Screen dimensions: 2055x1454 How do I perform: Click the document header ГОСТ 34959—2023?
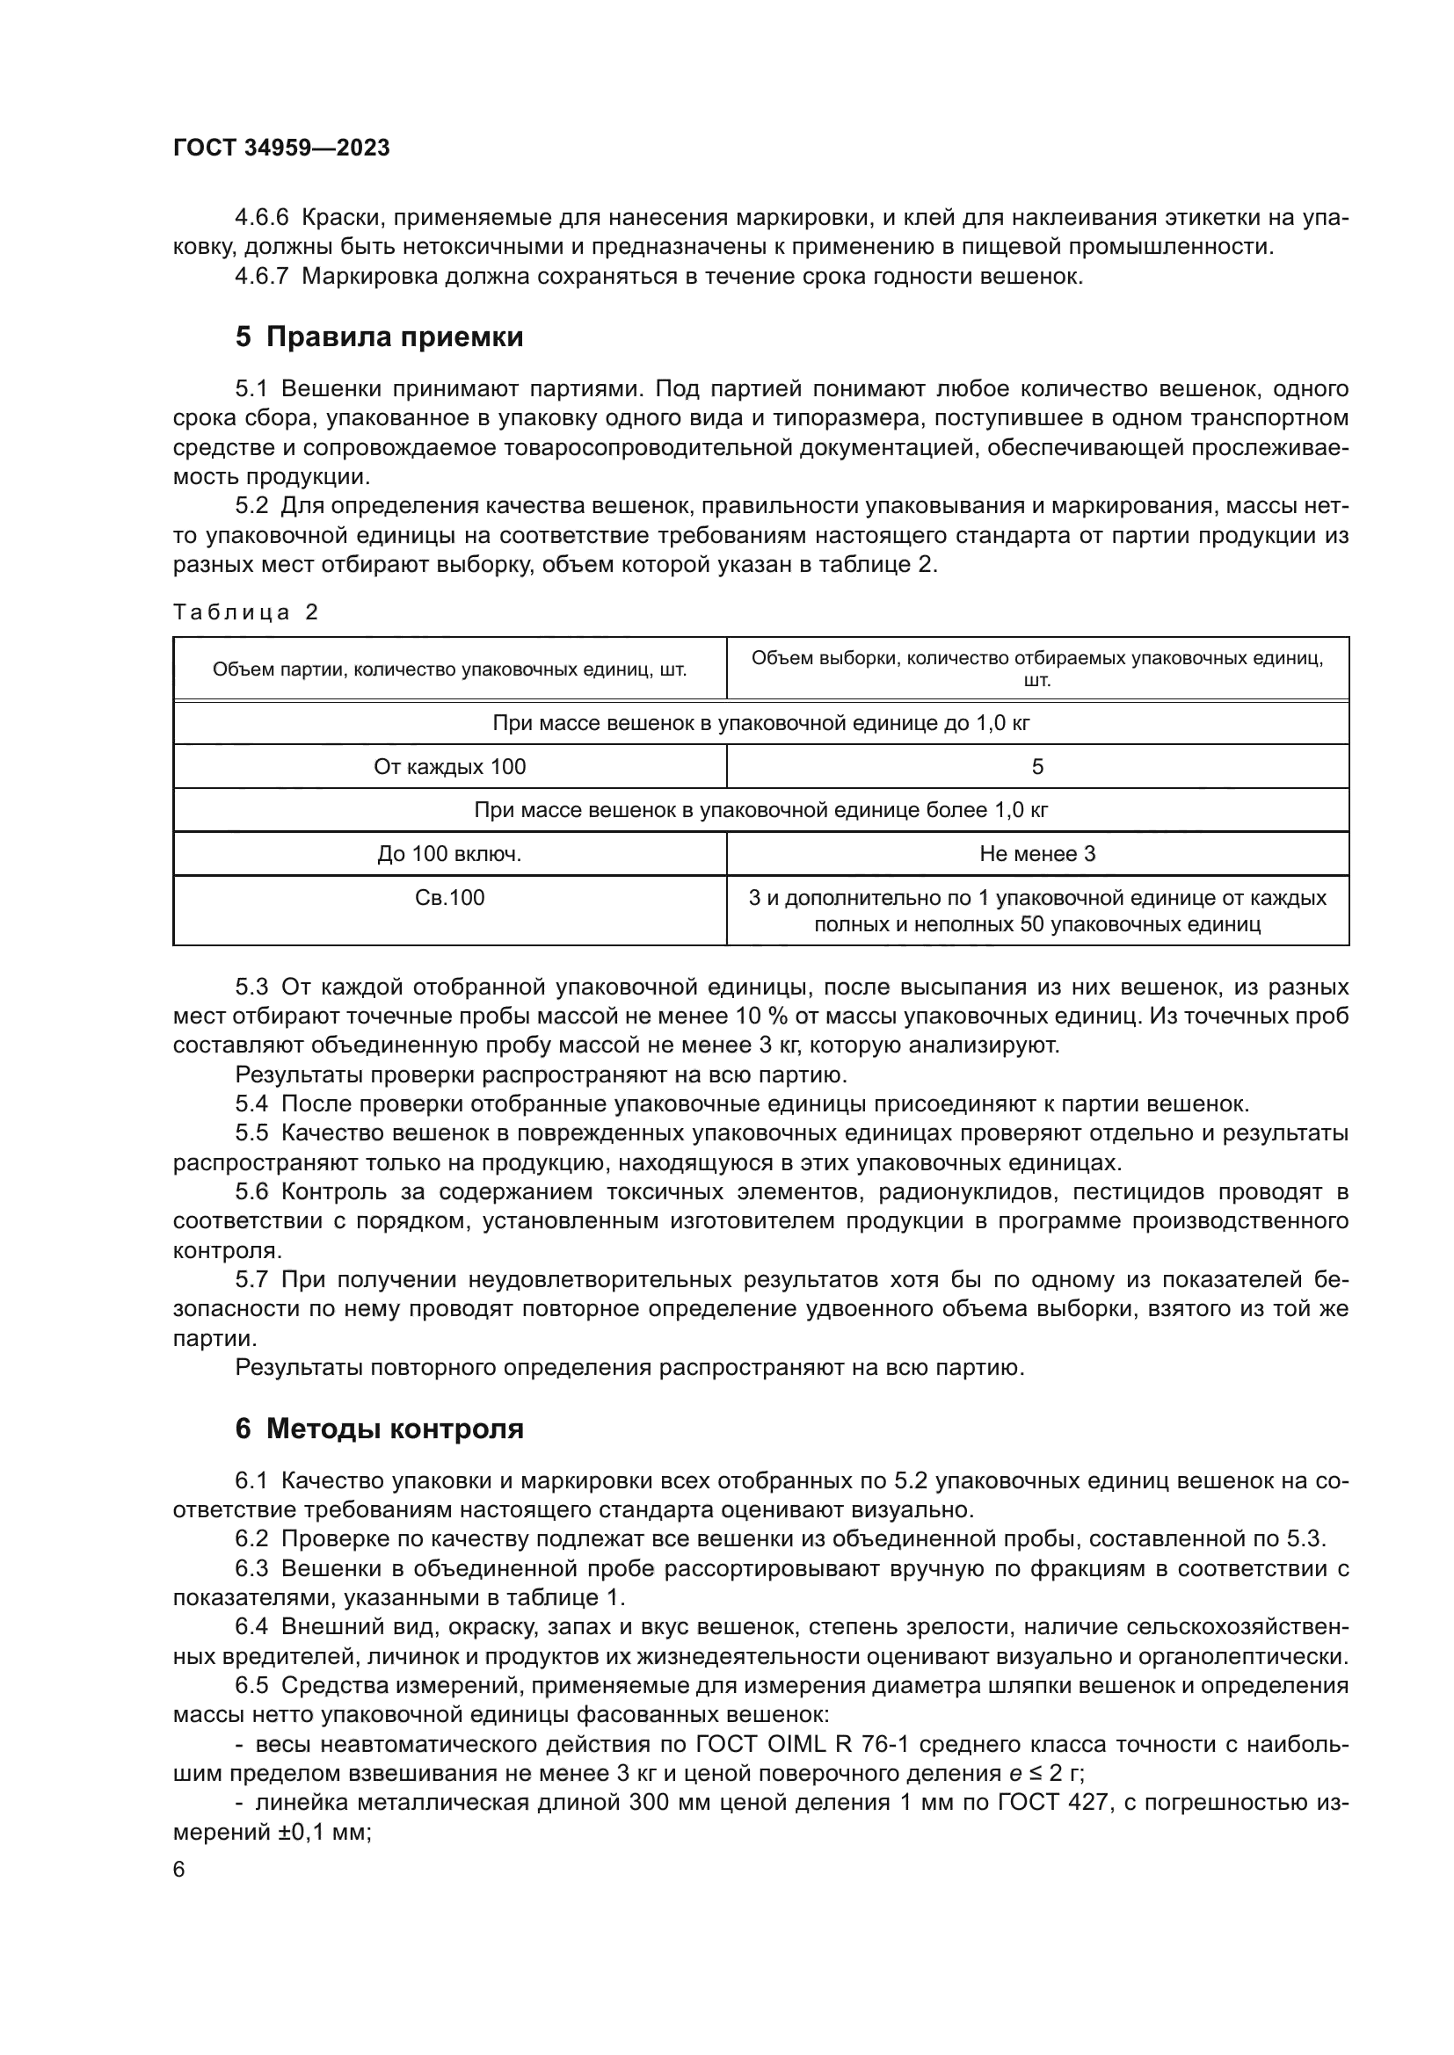[281, 148]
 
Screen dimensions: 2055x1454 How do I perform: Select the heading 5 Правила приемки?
[379, 337]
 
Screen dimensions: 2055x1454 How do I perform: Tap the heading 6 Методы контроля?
[379, 1429]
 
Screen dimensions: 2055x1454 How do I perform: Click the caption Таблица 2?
[245, 612]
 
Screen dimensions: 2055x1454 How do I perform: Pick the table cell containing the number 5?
[1036, 767]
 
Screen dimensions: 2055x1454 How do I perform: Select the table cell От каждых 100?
[449, 767]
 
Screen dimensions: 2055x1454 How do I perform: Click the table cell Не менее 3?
[1036, 854]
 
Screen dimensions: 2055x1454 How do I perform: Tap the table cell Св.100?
[449, 898]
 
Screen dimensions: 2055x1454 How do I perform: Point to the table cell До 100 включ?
[449, 854]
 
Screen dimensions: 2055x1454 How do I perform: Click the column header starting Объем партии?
[449, 669]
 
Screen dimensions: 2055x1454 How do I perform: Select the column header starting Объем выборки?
[1036, 669]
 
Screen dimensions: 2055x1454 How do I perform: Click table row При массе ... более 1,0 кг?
[760, 811]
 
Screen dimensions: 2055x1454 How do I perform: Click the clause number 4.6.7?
[260, 277]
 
